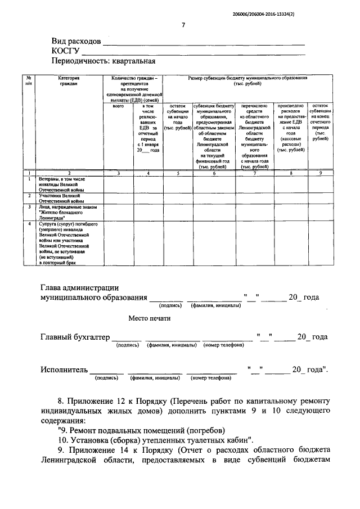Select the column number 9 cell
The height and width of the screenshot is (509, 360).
319,173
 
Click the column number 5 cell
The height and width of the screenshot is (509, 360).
177,173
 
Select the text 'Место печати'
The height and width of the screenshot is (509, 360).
149,318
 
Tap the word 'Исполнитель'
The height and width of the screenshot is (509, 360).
64,370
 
